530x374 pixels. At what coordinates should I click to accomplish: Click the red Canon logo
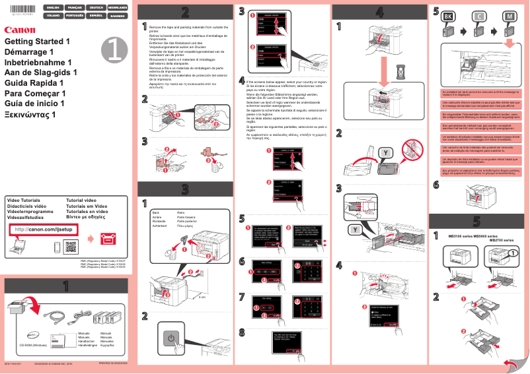pos(19,30)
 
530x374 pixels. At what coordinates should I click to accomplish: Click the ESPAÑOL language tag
pos(95,15)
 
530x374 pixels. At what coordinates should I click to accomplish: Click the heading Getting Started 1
pos(37,41)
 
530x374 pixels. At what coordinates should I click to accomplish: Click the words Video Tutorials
pos(23,199)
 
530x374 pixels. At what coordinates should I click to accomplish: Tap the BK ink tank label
pos(447,16)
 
